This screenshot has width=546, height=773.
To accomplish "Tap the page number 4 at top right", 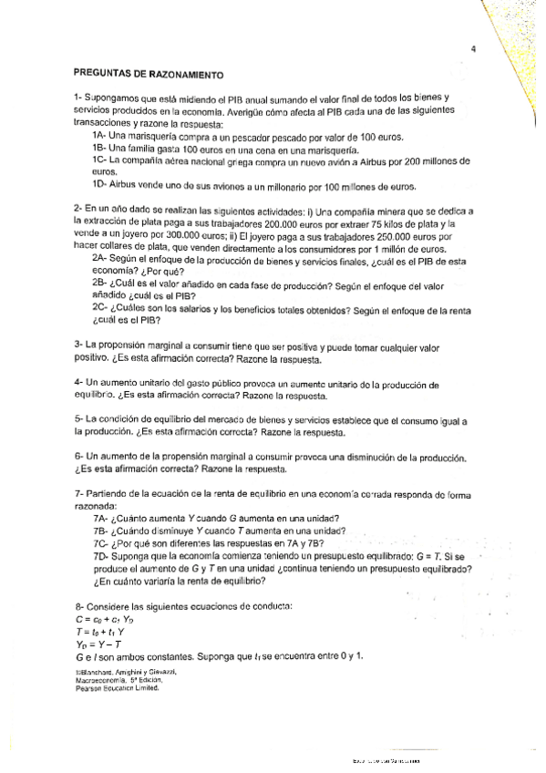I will coord(474,49).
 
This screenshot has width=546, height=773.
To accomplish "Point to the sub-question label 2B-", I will coord(101,283).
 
